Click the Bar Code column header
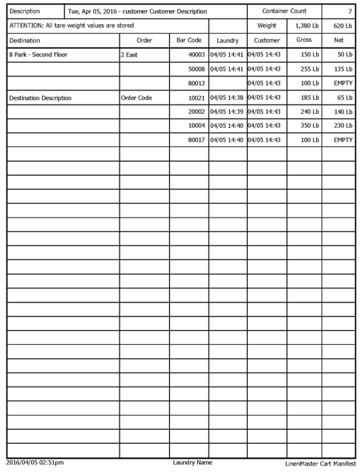tap(188, 41)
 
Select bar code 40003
tap(193, 54)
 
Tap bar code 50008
tap(193, 69)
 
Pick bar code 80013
tap(193, 83)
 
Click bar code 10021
tap(193, 97)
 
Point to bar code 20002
tap(193, 111)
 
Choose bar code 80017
tap(193, 139)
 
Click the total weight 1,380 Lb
tap(304, 26)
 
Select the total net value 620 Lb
tap(340, 26)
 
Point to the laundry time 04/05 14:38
tap(227, 97)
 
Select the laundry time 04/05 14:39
tap(227, 111)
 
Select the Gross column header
tap(304, 41)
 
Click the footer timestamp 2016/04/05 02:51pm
tap(33, 464)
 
